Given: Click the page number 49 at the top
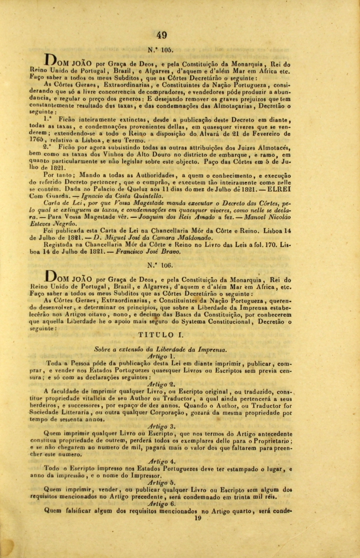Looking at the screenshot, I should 162,35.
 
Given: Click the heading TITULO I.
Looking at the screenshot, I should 161,334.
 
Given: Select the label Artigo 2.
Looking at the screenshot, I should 162,384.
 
